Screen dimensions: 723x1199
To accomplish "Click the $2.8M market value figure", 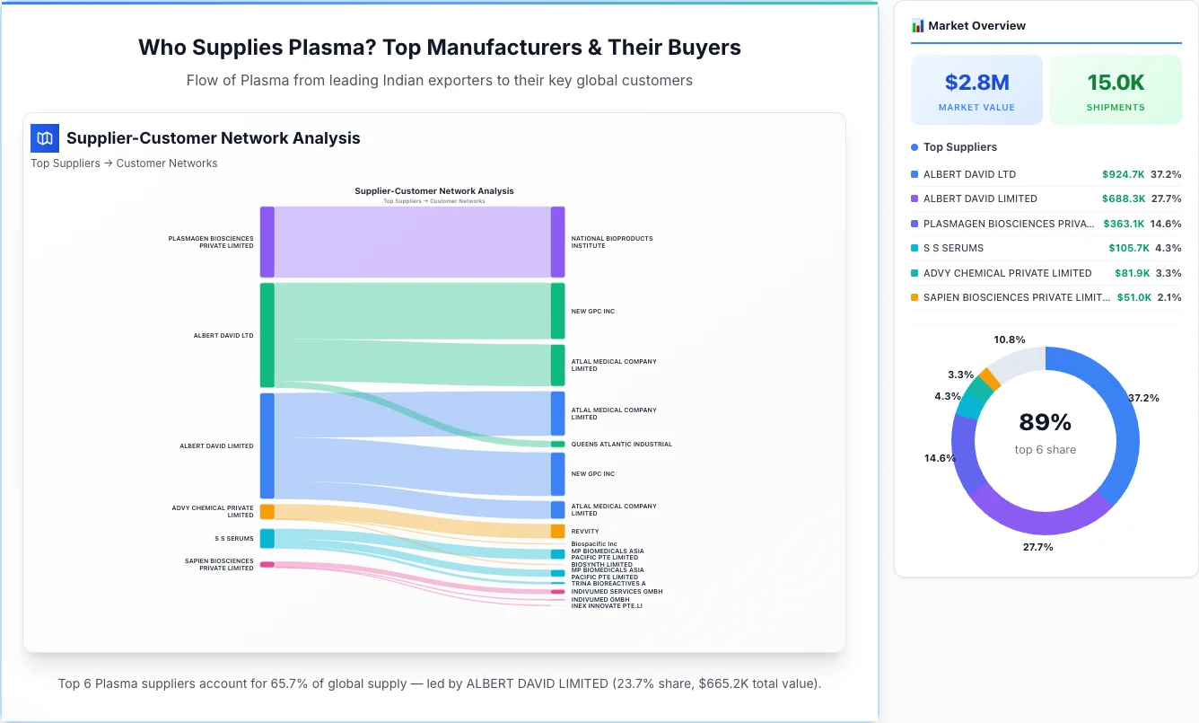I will [976, 83].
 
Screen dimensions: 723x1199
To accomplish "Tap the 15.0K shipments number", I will [1116, 83].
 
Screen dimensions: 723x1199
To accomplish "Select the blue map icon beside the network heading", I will [45, 138].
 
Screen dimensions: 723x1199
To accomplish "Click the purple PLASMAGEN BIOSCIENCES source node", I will [267, 242].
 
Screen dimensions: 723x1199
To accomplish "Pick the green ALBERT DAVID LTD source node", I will [267, 335].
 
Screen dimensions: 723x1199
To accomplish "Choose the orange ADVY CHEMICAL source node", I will [267, 511].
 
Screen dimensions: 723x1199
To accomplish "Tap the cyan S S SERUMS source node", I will [267, 538].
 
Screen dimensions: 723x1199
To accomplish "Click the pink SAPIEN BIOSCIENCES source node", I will [267, 564].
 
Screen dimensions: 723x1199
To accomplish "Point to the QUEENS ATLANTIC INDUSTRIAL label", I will [621, 444].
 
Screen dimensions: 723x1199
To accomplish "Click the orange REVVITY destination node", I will [557, 531].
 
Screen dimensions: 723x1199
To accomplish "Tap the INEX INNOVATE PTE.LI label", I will [607, 606].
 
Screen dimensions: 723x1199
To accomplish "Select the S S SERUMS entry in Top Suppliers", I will [953, 248].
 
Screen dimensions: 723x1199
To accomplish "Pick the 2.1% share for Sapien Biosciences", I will [1168, 297].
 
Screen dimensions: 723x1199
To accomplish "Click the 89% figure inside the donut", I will [1046, 422].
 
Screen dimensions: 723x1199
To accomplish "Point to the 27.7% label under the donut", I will [1038, 547].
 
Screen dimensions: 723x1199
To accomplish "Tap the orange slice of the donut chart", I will [985, 377].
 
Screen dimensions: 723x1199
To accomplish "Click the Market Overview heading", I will [976, 26].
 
